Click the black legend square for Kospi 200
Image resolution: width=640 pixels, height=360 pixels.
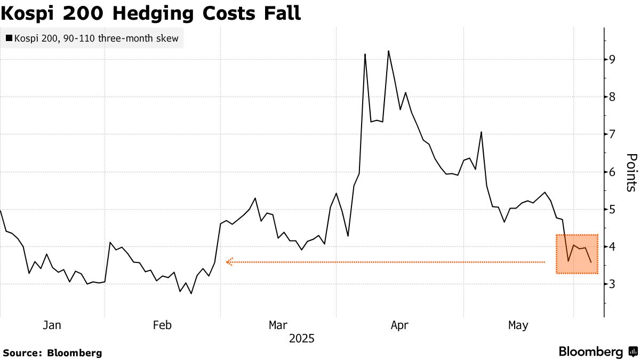9,38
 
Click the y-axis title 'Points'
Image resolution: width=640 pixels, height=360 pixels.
631,172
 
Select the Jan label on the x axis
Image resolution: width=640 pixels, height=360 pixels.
52,325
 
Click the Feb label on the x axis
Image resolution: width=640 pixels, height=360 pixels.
162,325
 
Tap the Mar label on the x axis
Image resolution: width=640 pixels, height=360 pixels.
278,325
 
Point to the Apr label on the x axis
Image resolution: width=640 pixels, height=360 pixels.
399,325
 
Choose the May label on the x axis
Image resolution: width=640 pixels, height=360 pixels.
518,325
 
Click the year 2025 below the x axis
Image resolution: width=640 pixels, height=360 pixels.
301,339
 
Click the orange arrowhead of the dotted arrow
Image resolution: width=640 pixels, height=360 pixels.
229,262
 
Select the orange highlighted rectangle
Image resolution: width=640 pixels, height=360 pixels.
577,254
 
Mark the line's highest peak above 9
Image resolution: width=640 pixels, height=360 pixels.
388,51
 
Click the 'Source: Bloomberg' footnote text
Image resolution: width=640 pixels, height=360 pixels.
52,353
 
